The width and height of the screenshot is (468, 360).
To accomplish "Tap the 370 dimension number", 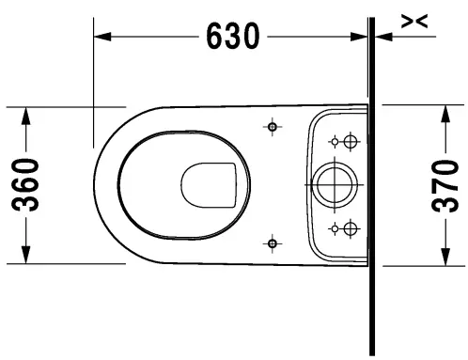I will point(448,183).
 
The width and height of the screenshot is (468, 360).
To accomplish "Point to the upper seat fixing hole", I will point(272,125).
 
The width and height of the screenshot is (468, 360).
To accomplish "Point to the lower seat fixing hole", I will point(272,244).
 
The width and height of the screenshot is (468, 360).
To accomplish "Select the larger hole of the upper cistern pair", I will point(351,142).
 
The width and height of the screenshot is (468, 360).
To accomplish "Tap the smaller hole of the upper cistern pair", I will point(333,142).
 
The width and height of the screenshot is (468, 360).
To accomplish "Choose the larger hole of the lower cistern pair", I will point(351,227).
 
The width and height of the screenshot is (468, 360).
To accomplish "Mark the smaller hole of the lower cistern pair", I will point(333,227).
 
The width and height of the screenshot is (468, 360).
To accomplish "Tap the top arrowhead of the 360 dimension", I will point(27,112).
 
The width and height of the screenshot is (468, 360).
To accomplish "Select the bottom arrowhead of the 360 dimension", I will point(27,257).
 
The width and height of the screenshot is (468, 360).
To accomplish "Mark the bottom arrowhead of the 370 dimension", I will point(446,258).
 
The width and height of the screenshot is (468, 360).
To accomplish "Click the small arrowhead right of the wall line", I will point(382,38).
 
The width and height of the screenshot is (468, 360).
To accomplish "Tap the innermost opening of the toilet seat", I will point(209,184).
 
